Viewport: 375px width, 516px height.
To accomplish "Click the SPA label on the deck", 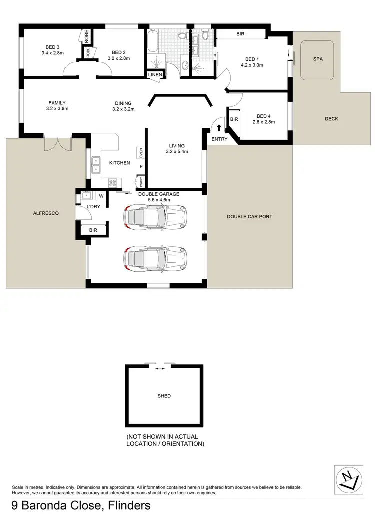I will coord(318,59).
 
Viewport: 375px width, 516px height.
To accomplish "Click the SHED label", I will coord(164,396).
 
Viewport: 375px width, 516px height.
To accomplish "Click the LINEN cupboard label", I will coord(154,75).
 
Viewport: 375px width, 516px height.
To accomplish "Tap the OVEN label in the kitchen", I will coord(141,152).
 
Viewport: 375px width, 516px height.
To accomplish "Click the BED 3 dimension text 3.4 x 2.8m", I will coord(53,52).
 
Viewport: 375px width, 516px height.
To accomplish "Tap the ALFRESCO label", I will coord(46,213).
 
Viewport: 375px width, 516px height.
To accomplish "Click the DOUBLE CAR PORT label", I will coord(249,217).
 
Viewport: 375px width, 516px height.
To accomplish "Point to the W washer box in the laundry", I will coord(101,196).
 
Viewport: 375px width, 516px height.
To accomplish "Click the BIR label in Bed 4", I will coord(234,120).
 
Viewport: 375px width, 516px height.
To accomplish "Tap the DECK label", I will coord(331,119).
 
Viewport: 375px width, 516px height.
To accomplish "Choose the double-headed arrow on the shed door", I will coord(160,369).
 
